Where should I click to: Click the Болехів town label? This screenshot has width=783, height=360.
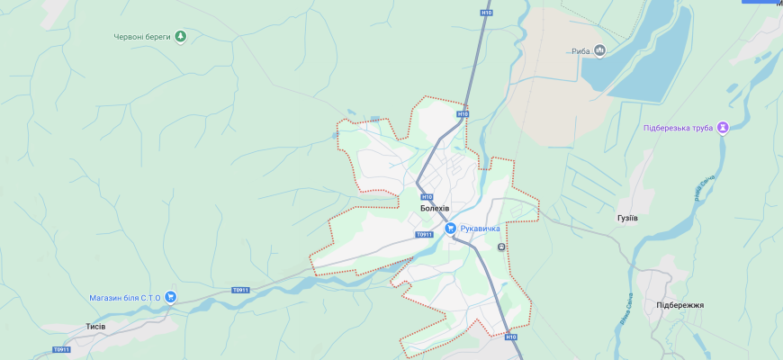[434, 209]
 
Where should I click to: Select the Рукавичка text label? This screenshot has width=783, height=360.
[480, 229]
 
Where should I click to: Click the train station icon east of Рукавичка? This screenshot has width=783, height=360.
[501, 247]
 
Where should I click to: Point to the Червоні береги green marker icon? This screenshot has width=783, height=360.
[180, 36]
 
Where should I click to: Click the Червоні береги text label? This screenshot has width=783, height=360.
[142, 37]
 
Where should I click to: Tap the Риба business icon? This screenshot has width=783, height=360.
[599, 50]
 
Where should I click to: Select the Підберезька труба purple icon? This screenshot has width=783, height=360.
[722, 128]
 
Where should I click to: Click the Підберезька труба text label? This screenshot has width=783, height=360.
[678, 128]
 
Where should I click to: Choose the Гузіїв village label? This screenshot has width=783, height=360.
[627, 219]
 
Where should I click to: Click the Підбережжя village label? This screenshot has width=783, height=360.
[680, 305]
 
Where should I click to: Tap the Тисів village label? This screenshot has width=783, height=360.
[95, 326]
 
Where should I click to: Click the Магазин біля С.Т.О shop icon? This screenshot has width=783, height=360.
[170, 297]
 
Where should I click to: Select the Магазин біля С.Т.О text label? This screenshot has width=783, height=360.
[124, 298]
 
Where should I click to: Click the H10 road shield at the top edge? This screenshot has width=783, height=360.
[486, 13]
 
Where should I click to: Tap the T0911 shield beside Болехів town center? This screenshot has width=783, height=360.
[424, 235]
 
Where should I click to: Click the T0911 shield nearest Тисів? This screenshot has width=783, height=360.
[60, 349]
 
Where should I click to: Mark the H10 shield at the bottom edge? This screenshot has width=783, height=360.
[511, 337]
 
